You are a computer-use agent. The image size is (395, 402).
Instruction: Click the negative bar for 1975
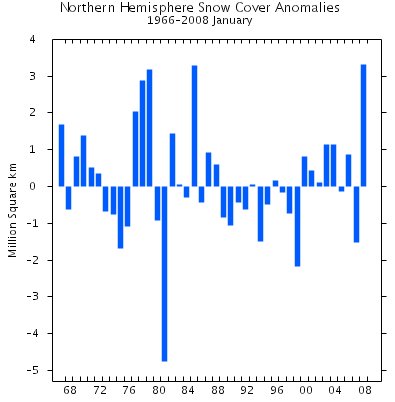pos(120,216)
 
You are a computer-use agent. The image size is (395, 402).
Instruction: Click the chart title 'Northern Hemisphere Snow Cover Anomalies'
pos(200,8)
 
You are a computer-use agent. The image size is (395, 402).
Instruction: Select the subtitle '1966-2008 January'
pos(200,20)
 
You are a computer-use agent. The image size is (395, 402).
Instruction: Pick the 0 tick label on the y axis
pos(33,187)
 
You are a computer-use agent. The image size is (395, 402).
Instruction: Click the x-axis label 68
pos(69,390)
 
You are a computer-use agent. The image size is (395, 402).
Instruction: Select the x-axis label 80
pos(157,390)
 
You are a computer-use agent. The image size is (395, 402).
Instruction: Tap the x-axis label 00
pos(304,390)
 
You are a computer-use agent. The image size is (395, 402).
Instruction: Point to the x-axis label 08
pos(363,390)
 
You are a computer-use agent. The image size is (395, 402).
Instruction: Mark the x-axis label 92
pos(245,390)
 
